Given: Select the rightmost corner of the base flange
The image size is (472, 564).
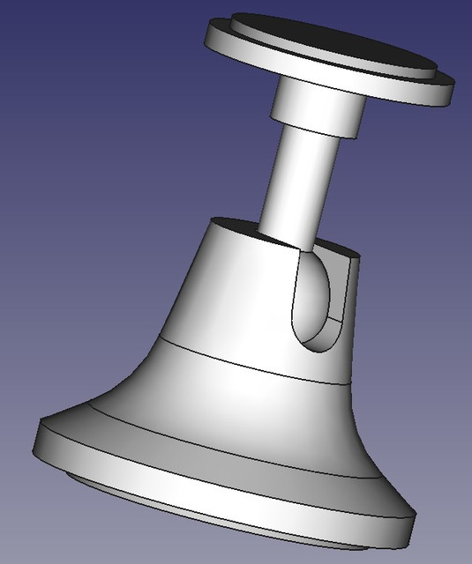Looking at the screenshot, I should (413, 529).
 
